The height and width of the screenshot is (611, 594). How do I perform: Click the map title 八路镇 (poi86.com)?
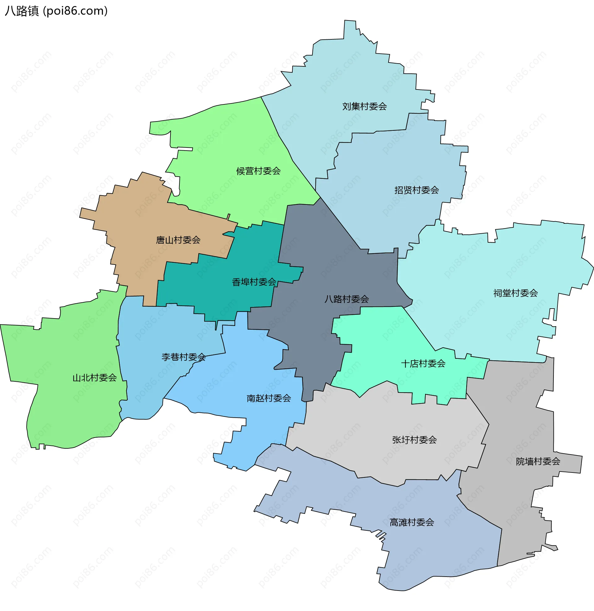pos(56,11)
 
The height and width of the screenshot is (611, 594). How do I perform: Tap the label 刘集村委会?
pos(364,107)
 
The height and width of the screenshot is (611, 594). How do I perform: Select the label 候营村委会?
pos(258,171)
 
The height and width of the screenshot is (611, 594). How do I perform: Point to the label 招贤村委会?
pos(416,190)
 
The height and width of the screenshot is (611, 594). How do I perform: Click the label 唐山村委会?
pos(178,240)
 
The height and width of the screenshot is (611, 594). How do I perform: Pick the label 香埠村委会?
pos(254,282)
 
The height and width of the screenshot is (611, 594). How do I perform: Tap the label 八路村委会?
pos(346,299)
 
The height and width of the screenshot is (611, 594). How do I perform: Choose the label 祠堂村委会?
pos(515,293)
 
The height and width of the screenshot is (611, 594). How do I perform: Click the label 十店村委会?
pos(423,364)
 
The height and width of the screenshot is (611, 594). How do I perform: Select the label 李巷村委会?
pos(183,357)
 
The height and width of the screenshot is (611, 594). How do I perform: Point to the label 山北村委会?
pos(95,378)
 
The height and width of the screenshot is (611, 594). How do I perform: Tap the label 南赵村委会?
pos(269,398)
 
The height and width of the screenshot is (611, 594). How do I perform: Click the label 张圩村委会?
pos(414,440)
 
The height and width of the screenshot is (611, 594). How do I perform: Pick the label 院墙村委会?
pos(538,461)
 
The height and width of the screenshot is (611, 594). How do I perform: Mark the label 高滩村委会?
pos(412,522)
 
